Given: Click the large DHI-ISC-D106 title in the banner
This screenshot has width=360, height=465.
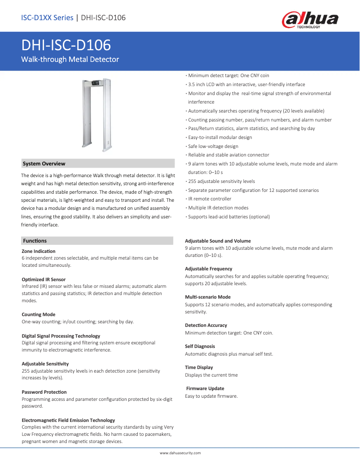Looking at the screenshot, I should click(66, 45).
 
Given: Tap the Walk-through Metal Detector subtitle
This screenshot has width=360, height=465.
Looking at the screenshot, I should click(70, 59).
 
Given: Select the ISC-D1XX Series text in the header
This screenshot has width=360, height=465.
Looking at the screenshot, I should click(47, 18).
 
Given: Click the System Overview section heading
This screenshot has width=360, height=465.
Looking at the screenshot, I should click(44, 164).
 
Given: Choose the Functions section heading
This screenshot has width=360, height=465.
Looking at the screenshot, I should click(35, 241).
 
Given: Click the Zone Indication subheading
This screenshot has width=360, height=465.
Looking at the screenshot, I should click(39, 251).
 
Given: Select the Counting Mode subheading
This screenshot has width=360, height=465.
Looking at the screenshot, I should click(39, 314).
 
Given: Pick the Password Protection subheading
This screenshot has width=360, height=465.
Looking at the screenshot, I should click(44, 392).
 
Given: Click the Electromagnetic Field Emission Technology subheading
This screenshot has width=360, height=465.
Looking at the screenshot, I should click(68, 420).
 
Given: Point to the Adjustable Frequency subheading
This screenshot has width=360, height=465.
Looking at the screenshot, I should click(209, 269).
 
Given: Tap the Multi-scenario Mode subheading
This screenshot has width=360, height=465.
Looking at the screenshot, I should click(208, 297).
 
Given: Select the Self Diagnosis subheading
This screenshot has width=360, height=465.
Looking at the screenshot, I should click(200, 346).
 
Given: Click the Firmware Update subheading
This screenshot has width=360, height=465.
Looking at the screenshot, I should click(205, 388).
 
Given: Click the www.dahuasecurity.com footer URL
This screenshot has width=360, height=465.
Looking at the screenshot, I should click(180, 453).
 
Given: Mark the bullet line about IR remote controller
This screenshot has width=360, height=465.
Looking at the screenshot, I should click(210, 199).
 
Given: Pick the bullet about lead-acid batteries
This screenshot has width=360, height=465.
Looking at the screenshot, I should click(229, 217).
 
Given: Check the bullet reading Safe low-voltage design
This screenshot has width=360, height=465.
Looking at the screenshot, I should click(213, 146).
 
